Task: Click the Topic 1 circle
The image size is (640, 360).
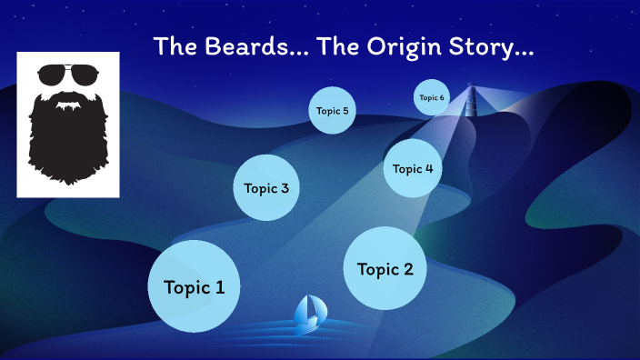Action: (194, 286)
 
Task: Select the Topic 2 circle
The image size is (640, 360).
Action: (385, 268)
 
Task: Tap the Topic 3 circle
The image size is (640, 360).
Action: (266, 188)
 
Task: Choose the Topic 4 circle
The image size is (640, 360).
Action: (413, 168)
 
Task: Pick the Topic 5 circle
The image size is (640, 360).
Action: (332, 111)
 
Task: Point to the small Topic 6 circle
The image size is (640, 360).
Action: (432, 97)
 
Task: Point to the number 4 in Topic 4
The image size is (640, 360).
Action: (429, 168)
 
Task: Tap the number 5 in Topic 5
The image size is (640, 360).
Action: (345, 111)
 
